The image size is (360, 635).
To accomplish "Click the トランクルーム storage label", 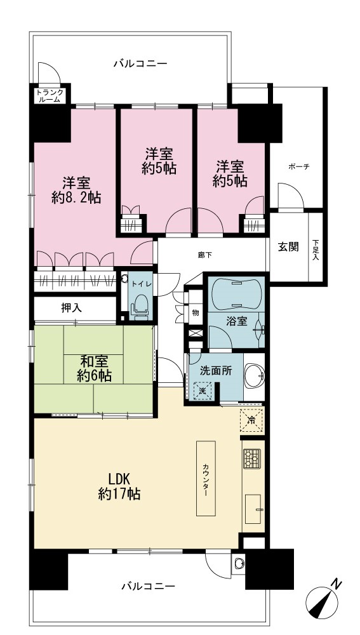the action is [x=50, y=95].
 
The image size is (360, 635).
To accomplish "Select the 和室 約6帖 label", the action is [x=95, y=367].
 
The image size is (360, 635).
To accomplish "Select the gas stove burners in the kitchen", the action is [x=253, y=458].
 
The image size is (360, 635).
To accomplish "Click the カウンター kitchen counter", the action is [x=206, y=478].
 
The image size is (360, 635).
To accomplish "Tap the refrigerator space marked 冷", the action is [x=251, y=420].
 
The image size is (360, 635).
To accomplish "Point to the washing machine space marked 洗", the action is [x=203, y=391].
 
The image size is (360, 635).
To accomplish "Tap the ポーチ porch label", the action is [x=299, y=166].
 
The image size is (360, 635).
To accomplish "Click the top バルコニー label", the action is [x=140, y=63].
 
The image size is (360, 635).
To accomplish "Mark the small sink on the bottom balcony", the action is [x=239, y=563].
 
